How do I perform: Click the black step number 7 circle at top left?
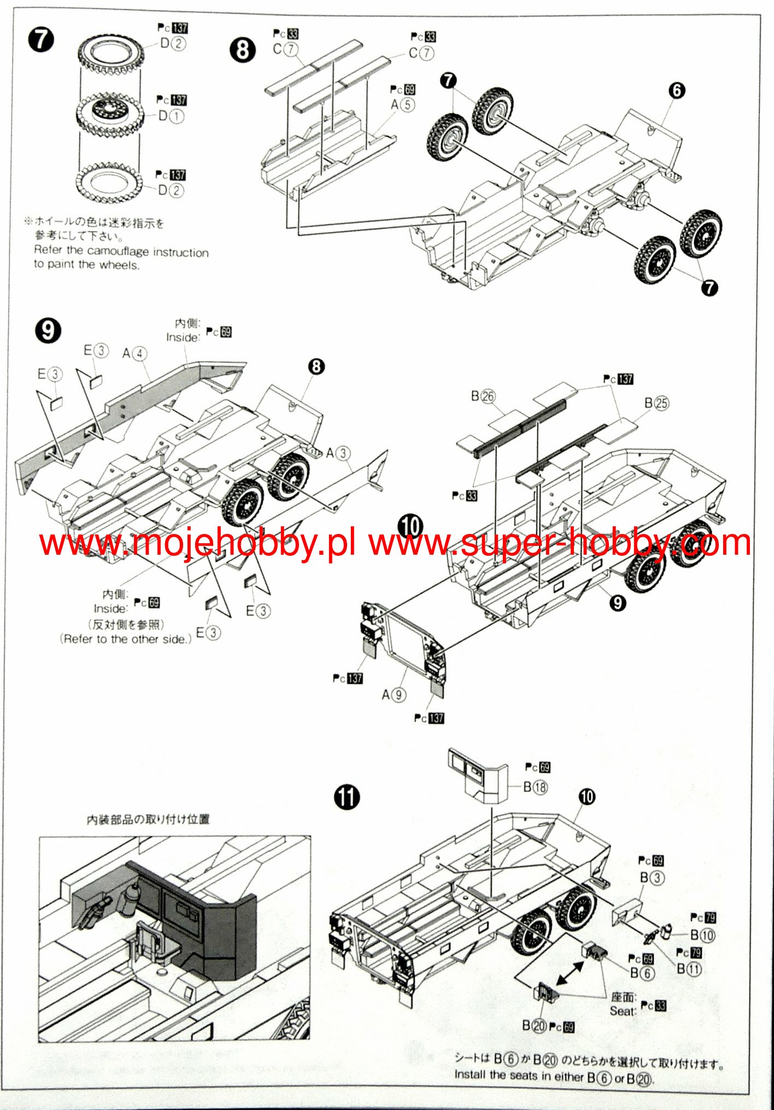coord(42,40)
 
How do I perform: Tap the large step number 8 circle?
coord(243,50)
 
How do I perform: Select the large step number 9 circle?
coord(48,331)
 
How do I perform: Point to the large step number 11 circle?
coord(347,797)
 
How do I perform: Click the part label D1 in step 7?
coord(171,116)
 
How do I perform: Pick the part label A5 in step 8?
coord(403,104)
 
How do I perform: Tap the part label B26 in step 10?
coord(483,396)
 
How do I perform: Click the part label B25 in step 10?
coord(656,403)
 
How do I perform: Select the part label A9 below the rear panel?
coord(394,695)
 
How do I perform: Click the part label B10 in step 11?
coord(702,935)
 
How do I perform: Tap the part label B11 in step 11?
coord(689,968)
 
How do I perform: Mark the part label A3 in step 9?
coord(338,453)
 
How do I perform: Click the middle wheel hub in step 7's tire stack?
coord(109,112)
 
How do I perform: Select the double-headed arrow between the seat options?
coord(570,974)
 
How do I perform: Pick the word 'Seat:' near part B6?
coord(623,1011)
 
